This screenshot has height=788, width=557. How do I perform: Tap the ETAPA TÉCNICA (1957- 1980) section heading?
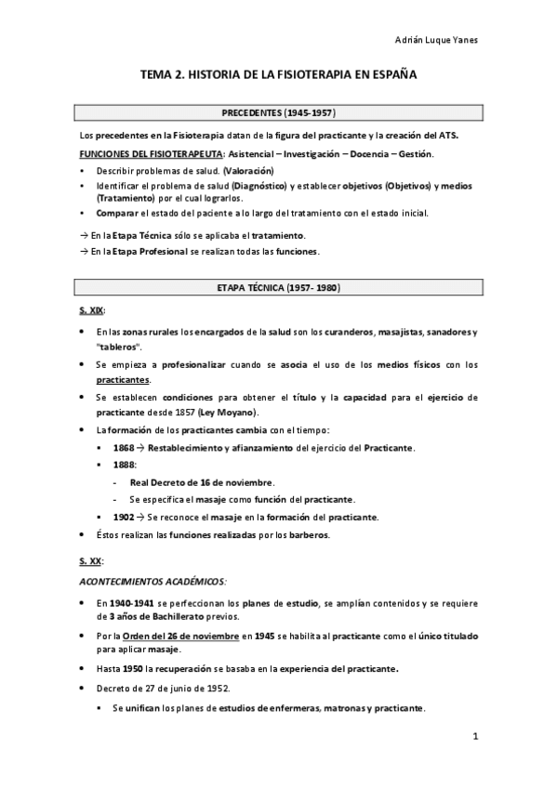278,288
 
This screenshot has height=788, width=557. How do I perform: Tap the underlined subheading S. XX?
90,562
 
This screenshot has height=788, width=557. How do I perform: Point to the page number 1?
475,737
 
